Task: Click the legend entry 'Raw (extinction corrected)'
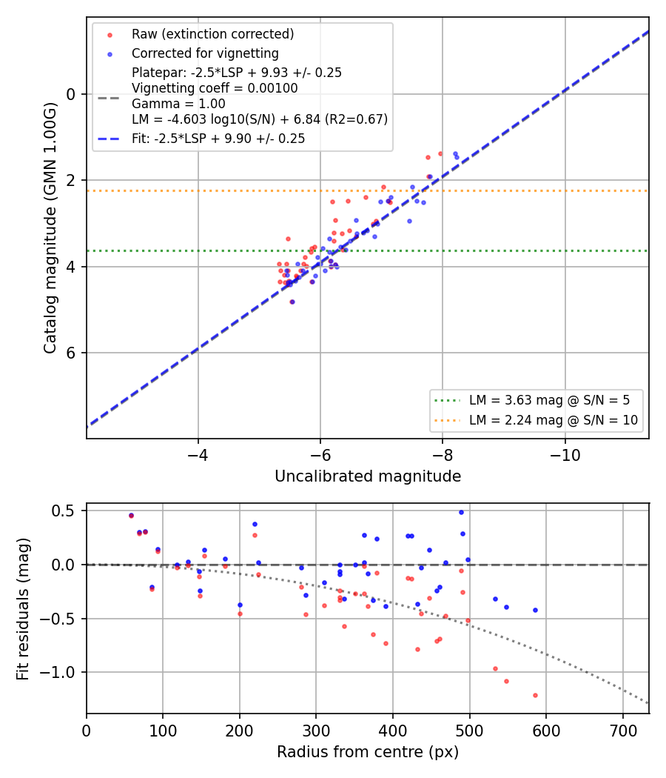pyautogui.click(x=212, y=34)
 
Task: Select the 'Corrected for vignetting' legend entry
pyautogui.click(x=205, y=53)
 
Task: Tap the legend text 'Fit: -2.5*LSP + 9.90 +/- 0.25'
pyautogui.click(x=218, y=139)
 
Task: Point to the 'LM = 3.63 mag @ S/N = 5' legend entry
pyautogui.click(x=549, y=400)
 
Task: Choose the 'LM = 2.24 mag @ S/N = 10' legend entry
pyautogui.click(x=553, y=420)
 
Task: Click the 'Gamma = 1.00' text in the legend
pyautogui.click(x=178, y=104)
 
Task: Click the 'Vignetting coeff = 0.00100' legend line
pyautogui.click(x=215, y=88)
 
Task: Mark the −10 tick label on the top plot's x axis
pyautogui.click(x=565, y=455)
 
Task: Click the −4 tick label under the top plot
pyautogui.click(x=198, y=455)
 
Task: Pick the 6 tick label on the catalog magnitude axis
pyautogui.click(x=71, y=353)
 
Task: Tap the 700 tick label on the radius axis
pyautogui.click(x=622, y=731)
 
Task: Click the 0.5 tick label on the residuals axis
pyautogui.click(x=65, y=511)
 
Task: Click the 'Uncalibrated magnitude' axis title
pyautogui.click(x=368, y=476)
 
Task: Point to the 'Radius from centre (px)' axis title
pyautogui.click(x=368, y=752)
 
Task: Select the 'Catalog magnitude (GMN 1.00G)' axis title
pyautogui.click(x=50, y=228)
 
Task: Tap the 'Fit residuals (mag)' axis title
pyautogui.click(x=23, y=609)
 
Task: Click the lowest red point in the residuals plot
pyautogui.click(x=535, y=696)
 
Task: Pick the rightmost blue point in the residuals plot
pyautogui.click(x=535, y=611)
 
